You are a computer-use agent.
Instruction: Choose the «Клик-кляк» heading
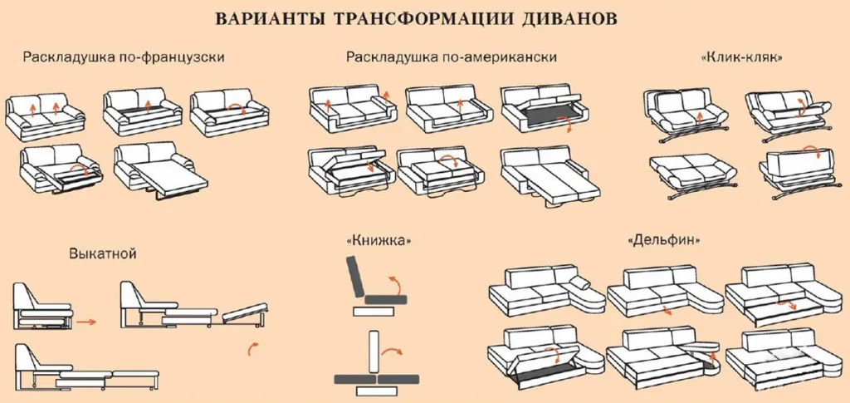point(743,59)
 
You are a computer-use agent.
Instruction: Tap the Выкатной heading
point(102,253)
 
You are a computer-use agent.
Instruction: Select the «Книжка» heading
point(379,241)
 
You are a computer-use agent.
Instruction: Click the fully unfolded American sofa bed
point(545,175)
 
